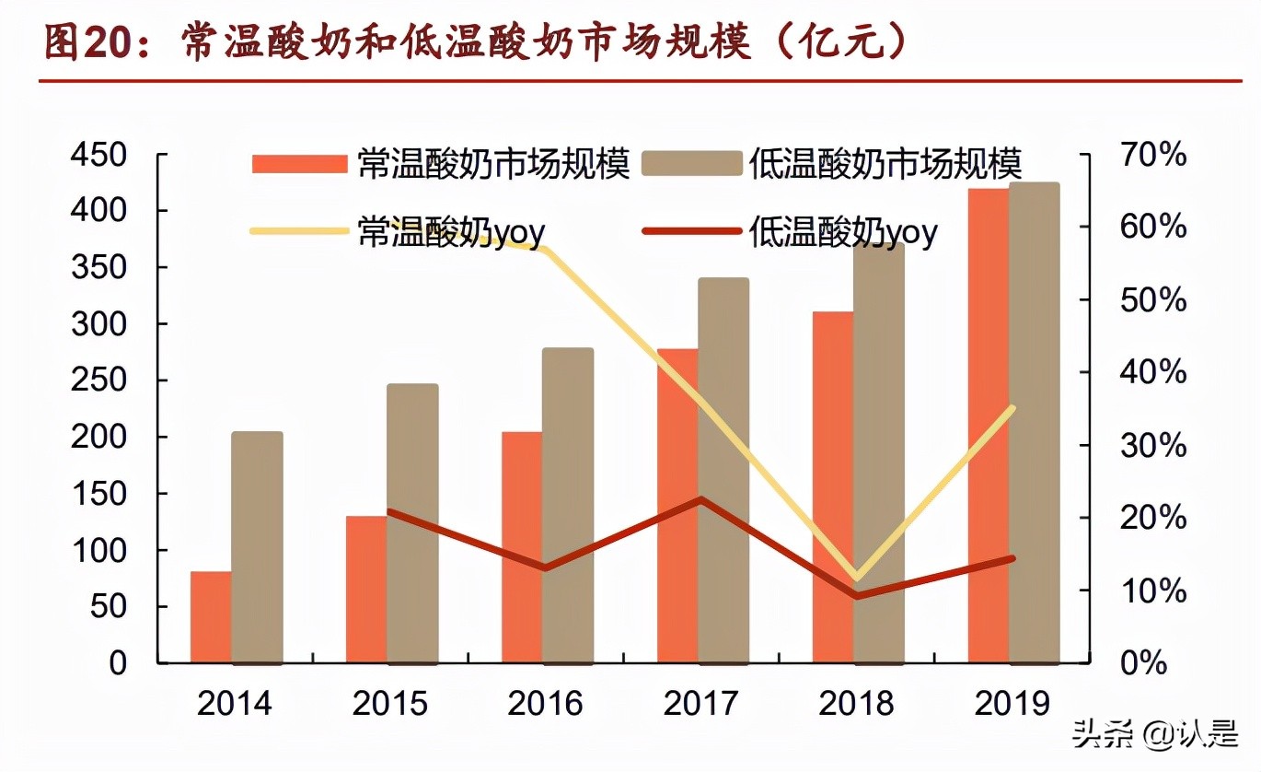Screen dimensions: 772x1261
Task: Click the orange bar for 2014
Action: [211, 616]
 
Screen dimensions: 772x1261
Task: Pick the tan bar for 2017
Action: [723, 470]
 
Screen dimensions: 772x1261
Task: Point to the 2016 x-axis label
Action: [546, 704]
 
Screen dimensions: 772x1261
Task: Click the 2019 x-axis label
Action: [1011, 704]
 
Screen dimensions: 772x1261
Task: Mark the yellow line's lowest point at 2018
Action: [858, 578]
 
